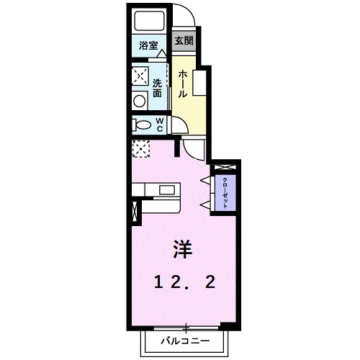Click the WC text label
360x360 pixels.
click(x=160, y=125)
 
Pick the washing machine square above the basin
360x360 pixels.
click(x=139, y=76)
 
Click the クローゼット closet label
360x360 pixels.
click(x=225, y=193)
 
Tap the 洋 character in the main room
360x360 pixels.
click(x=181, y=248)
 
